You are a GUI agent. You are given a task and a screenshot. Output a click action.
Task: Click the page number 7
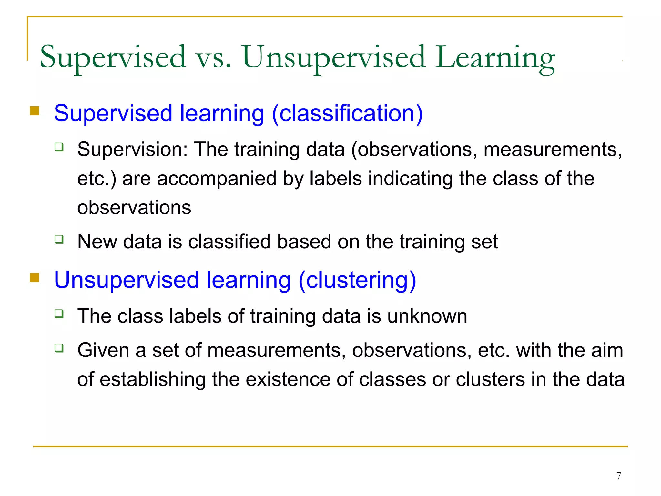click(x=618, y=476)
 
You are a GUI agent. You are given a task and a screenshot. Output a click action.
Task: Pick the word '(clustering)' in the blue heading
click(x=357, y=280)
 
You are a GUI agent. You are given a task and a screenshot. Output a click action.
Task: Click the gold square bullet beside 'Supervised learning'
click(x=35, y=111)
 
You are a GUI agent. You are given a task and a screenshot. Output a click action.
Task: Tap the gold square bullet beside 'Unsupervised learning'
click(x=35, y=277)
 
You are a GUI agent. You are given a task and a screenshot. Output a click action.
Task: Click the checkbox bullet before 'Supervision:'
click(x=59, y=147)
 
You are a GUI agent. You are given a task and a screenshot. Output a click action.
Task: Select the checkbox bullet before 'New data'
click(x=59, y=239)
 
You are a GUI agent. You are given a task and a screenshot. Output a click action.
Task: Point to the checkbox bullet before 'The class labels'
click(x=59, y=314)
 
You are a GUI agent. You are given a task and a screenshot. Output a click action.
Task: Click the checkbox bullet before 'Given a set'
click(x=59, y=348)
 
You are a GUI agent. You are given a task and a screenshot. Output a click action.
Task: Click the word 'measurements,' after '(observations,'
click(x=552, y=150)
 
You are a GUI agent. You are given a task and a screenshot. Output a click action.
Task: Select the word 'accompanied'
click(x=217, y=179)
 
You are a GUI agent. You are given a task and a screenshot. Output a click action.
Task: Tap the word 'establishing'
click(x=153, y=379)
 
